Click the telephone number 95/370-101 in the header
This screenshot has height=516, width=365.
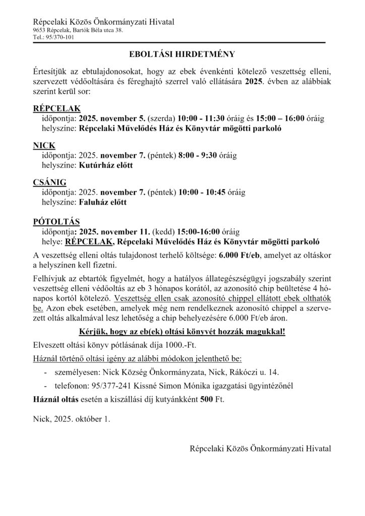pos(59,37)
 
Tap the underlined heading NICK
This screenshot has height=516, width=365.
pos(43,146)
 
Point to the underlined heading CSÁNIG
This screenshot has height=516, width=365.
pos(49,182)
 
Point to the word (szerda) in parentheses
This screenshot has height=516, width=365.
pos(159,118)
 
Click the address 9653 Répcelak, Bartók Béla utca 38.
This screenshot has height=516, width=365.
pos(77,30)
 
